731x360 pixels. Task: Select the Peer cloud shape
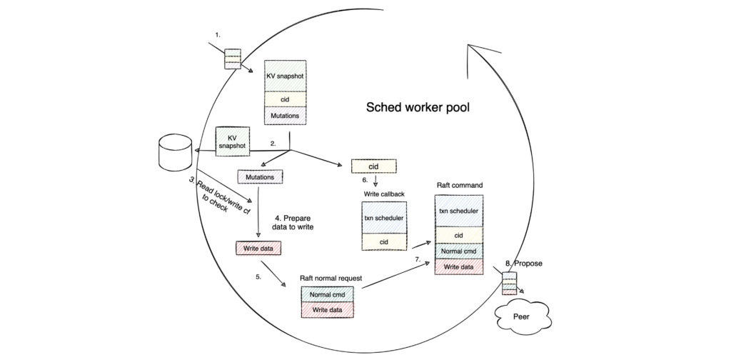pyautogui.click(x=522, y=314)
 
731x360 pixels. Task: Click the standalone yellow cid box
pyautogui.click(x=373, y=166)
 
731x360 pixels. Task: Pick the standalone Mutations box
pyautogui.click(x=261, y=176)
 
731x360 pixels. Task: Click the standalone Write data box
pyautogui.click(x=258, y=249)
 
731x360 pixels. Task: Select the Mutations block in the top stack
pyautogui.click(x=285, y=114)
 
